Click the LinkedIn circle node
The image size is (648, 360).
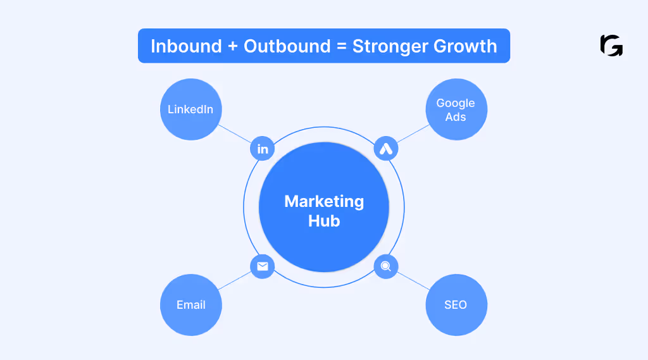tap(190, 109)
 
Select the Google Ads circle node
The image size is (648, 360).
tap(456, 109)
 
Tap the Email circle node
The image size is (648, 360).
tap(190, 305)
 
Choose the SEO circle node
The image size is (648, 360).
tap(456, 305)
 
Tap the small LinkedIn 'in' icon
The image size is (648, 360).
tap(263, 149)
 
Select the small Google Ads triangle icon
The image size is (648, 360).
tap(385, 149)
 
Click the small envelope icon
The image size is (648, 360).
tap(263, 266)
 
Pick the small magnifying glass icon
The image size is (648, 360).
tap(385, 266)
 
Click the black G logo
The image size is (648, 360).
tap(611, 46)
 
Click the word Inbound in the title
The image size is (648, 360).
tap(187, 46)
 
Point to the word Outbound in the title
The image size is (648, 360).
tap(287, 46)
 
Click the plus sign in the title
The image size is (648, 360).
tap(233, 47)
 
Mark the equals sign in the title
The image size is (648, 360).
tap(342, 47)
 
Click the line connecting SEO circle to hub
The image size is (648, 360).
tap(412, 281)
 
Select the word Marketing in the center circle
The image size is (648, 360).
tap(324, 202)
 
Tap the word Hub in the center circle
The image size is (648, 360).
tap(324, 221)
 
